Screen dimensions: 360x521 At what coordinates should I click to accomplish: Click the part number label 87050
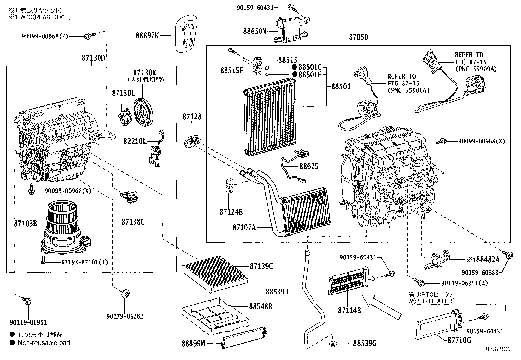point(358,37)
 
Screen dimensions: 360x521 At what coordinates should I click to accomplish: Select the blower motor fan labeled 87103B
point(62,229)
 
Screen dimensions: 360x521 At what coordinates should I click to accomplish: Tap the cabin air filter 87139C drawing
point(215,274)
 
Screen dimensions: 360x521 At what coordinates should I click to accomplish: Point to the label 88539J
point(277,291)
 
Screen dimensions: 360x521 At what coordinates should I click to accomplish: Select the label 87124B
point(231,212)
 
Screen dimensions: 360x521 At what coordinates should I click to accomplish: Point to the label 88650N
point(255,31)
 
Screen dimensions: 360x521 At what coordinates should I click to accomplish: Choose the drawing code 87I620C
point(497,349)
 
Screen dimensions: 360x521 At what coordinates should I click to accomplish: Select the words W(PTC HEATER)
point(431,301)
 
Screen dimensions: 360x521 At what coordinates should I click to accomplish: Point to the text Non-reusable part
point(44,343)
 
